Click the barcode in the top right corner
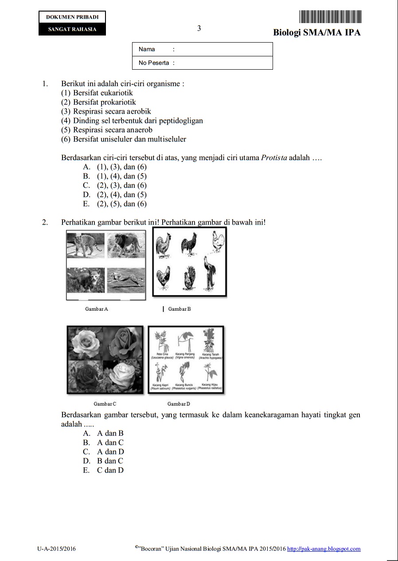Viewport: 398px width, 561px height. coord(330,16)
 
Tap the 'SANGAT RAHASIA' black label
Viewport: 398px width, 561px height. coord(72,29)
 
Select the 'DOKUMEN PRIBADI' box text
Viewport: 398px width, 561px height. coord(72,17)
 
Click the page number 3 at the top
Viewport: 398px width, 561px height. coord(199,28)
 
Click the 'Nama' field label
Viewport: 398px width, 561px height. coord(147,49)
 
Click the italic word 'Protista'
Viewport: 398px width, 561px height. coord(274,158)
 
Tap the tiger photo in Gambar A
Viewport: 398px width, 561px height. coord(85,245)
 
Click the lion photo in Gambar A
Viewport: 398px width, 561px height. coord(126,245)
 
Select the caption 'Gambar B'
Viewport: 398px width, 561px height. coord(179,309)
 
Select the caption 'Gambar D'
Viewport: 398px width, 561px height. coord(179,404)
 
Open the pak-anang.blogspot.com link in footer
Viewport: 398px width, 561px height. coord(324,549)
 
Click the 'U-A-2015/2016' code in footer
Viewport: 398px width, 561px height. coord(57,549)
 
